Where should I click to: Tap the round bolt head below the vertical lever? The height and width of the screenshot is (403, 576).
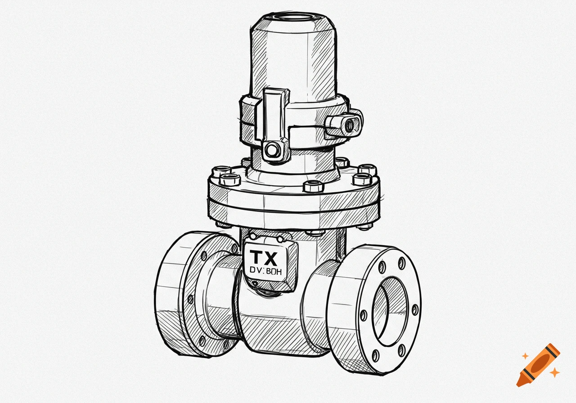[x=272, y=150]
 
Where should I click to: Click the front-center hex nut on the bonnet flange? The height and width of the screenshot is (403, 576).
[x=312, y=186]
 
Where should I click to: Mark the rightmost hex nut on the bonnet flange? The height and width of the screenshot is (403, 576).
[x=367, y=170]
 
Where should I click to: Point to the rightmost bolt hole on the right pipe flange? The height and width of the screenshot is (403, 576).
[x=414, y=310]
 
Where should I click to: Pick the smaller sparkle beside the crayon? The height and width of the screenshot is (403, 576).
[x=524, y=356]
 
